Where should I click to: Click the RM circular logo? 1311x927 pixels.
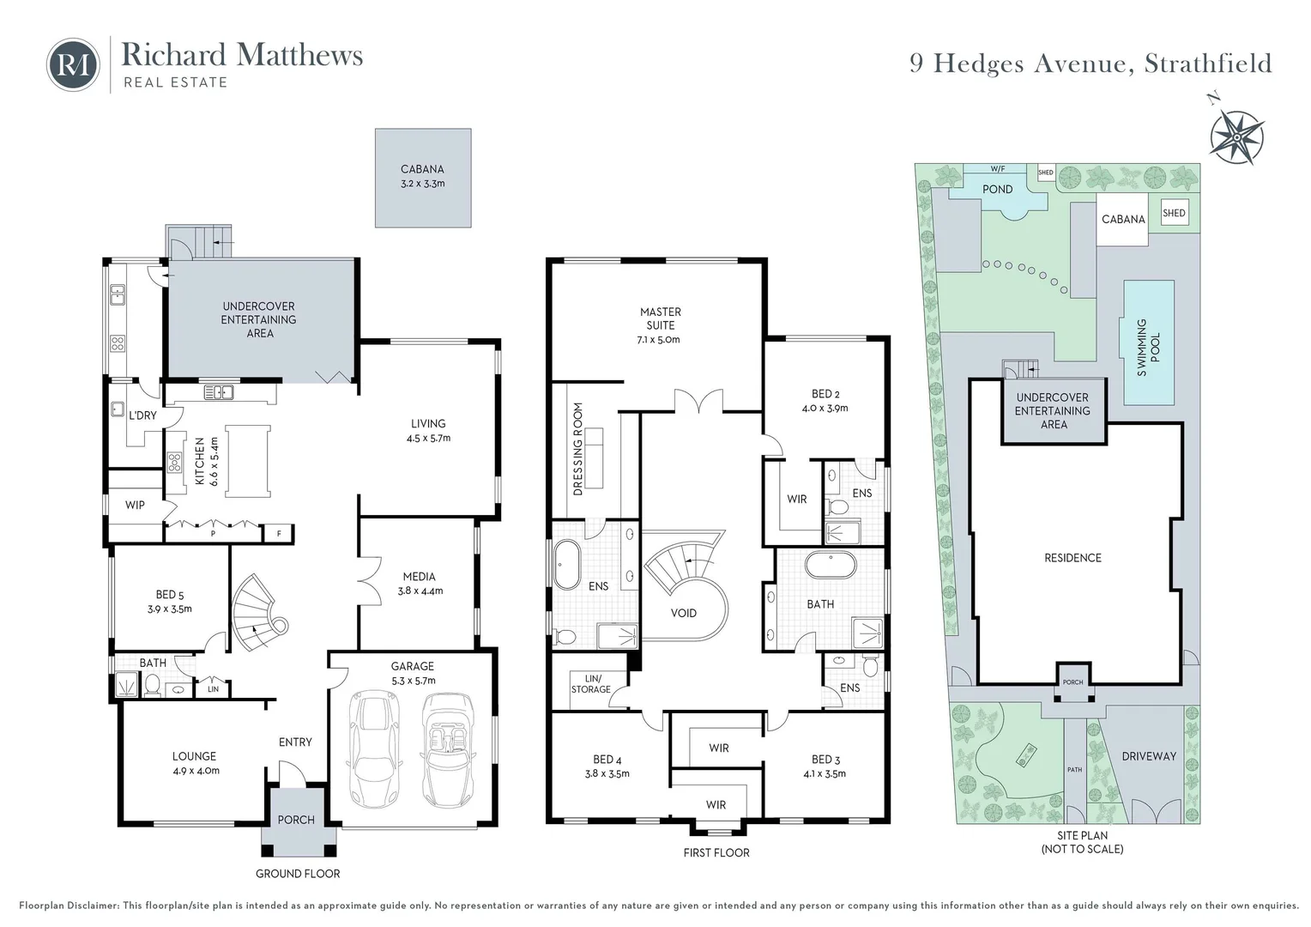click(73, 64)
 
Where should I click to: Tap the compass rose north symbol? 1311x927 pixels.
click(1236, 136)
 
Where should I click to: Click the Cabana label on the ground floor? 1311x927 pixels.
click(422, 169)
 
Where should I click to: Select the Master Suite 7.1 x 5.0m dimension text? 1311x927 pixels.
click(658, 340)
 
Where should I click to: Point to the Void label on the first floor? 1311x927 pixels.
click(684, 613)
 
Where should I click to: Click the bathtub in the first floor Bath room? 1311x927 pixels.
click(831, 565)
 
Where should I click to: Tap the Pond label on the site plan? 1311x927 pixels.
click(997, 189)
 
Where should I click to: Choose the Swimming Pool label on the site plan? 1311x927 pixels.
click(1148, 348)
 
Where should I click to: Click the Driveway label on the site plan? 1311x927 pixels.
click(1149, 756)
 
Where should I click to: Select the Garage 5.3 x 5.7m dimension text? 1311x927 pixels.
click(414, 681)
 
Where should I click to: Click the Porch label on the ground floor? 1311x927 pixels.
click(296, 820)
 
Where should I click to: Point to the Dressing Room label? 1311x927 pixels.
click(578, 449)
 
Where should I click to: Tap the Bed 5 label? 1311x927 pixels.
click(169, 595)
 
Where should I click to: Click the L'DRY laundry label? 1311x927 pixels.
click(142, 415)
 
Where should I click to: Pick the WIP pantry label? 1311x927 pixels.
click(135, 505)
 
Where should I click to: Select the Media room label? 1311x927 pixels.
click(419, 576)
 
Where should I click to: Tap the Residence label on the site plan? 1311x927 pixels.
click(1072, 558)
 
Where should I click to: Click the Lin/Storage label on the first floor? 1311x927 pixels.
click(590, 684)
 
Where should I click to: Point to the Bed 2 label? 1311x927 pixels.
click(825, 394)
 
